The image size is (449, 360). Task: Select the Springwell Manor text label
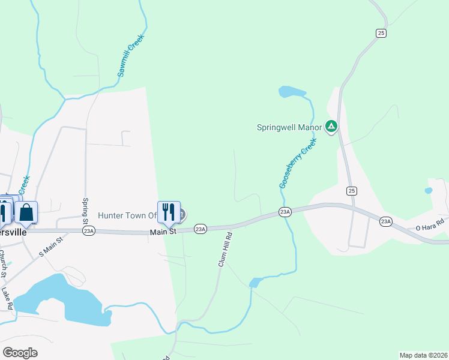pyautogui.click(x=289, y=127)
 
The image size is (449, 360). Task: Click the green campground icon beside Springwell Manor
pyautogui.click(x=331, y=127)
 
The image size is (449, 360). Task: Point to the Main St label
pyautogui.click(x=163, y=231)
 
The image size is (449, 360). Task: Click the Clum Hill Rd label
pyautogui.click(x=225, y=250)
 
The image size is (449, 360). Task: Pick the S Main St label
pyautogui.click(x=51, y=247)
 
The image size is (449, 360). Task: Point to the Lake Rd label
pyautogui.click(x=7, y=298)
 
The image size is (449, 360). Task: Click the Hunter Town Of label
pyautogui.click(x=127, y=215)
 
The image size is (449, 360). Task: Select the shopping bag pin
pyautogui.click(x=26, y=212)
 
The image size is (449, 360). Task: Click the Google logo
pyautogui.click(x=20, y=353)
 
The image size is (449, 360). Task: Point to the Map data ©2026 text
pyautogui.click(x=423, y=355)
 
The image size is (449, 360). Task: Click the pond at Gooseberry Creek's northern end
pyautogui.click(x=292, y=92)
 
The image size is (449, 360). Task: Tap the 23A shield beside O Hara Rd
pyautogui.click(x=386, y=222)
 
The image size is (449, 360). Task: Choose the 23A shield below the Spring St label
pyautogui.click(x=89, y=231)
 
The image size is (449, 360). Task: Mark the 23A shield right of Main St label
pyautogui.click(x=200, y=229)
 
